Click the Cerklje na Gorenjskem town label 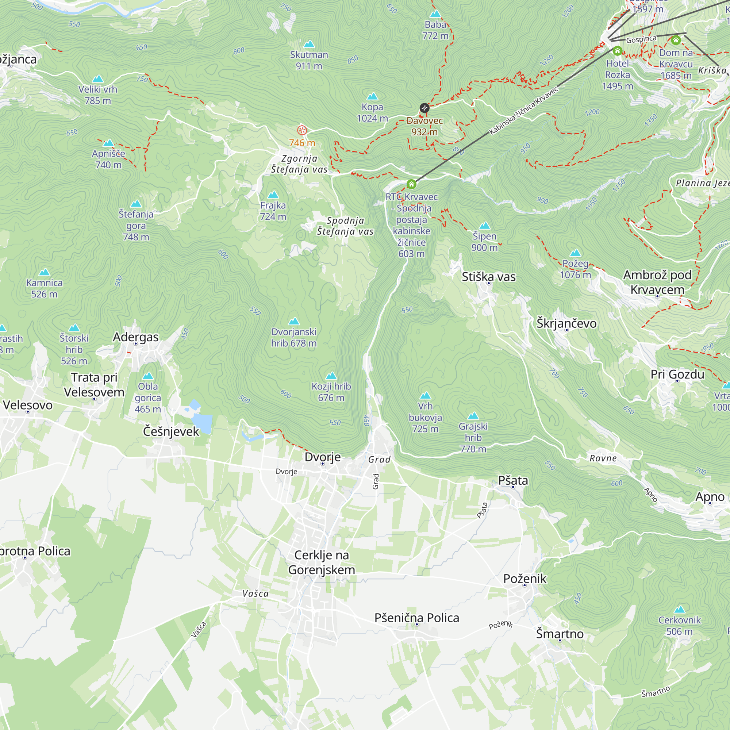pyautogui.click(x=322, y=562)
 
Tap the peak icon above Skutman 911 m pyautogui.click(x=309, y=44)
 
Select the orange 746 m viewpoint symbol pyautogui.click(x=302, y=130)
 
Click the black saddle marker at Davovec pyautogui.click(x=424, y=108)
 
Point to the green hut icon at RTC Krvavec pyautogui.click(x=411, y=184)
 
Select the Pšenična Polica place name pyautogui.click(x=417, y=618)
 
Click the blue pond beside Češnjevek pyautogui.click(x=201, y=421)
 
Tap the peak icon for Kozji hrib pyautogui.click(x=331, y=376)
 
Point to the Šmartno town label pyautogui.click(x=560, y=634)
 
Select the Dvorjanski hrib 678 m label pyautogui.click(x=293, y=337)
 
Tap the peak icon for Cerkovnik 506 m pyautogui.click(x=679, y=610)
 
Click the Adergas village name pyautogui.click(x=136, y=337)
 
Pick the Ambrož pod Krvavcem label pyautogui.click(x=657, y=282)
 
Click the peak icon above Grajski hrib pyautogui.click(x=473, y=416)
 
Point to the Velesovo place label pyautogui.click(x=28, y=405)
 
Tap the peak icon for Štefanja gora pyautogui.click(x=136, y=204)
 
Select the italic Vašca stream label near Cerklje pyautogui.click(x=255, y=593)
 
